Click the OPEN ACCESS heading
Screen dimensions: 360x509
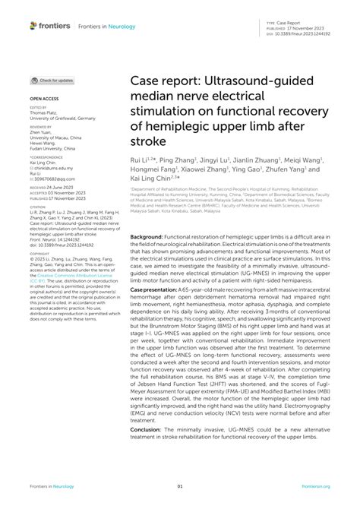point(44,100)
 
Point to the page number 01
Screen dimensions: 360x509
point(180,486)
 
